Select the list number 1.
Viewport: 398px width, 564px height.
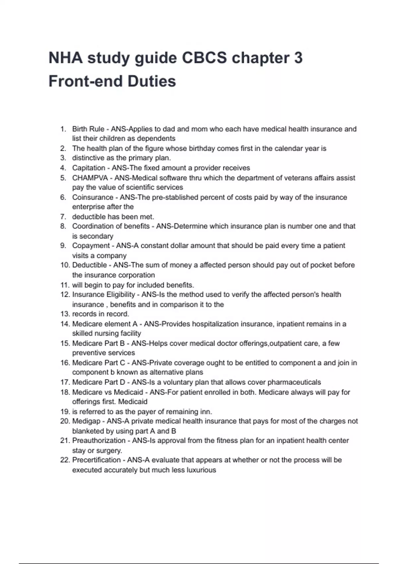63,129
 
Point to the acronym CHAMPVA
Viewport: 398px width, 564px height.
90,178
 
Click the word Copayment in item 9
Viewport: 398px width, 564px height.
91,246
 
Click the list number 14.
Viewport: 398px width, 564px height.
65,324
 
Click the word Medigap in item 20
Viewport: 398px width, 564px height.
85,421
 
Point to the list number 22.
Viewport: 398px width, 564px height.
65,460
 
